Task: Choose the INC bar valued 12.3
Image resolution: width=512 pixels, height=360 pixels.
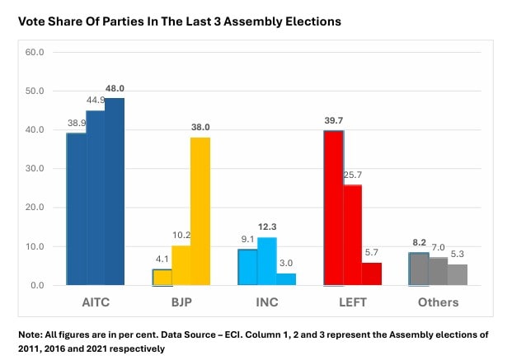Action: pyautogui.click(x=266, y=260)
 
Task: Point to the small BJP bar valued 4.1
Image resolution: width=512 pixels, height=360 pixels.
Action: pyautogui.click(x=162, y=277)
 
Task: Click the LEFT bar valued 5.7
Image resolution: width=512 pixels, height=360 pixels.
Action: pyautogui.click(x=371, y=274)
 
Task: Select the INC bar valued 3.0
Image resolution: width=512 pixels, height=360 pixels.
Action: pyautogui.click(x=286, y=279)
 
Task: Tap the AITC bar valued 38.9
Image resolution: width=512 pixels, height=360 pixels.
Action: pyautogui.click(x=76, y=209)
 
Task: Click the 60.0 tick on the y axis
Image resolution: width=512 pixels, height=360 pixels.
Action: pyautogui.click(x=35, y=52)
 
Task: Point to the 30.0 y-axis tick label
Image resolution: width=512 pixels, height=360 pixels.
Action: pyautogui.click(x=35, y=169)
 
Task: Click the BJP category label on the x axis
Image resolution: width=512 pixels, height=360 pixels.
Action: pyautogui.click(x=181, y=302)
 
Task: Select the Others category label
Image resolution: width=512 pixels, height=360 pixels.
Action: pyautogui.click(x=438, y=302)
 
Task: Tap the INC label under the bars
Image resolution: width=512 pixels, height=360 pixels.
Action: pyautogui.click(x=267, y=302)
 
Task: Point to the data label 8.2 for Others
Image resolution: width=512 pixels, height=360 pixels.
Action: pyautogui.click(x=419, y=244)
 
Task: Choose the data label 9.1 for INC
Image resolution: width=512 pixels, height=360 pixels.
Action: pyautogui.click(x=247, y=241)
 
